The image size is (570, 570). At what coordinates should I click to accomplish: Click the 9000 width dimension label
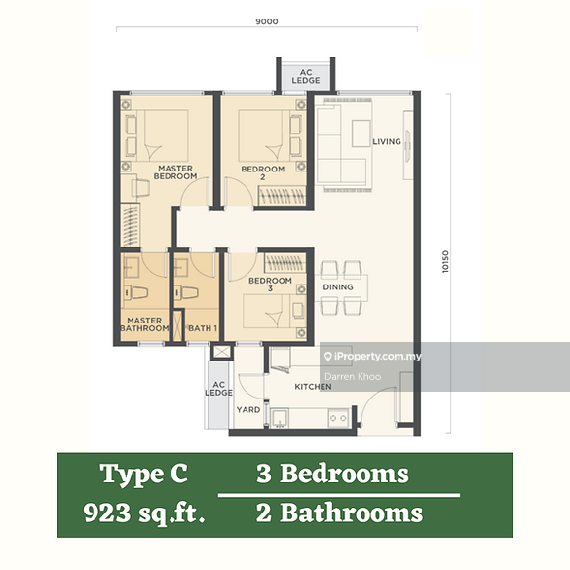point(268,20)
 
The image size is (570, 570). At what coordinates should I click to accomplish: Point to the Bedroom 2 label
point(263,173)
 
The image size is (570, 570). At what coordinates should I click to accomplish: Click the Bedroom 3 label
point(263,285)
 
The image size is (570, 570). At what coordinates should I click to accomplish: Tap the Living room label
point(387,142)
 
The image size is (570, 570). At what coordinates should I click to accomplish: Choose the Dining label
point(338,287)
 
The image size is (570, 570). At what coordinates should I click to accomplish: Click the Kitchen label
point(313,387)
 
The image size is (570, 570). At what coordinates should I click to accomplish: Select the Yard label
point(248,410)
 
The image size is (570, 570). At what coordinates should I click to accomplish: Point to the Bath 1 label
point(203,328)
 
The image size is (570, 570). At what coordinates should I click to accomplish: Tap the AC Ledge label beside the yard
point(218,389)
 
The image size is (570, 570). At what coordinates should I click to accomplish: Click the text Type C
point(144,475)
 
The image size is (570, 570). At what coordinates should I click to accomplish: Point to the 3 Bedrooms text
point(332,475)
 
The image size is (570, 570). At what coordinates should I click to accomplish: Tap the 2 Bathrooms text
point(339,513)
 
